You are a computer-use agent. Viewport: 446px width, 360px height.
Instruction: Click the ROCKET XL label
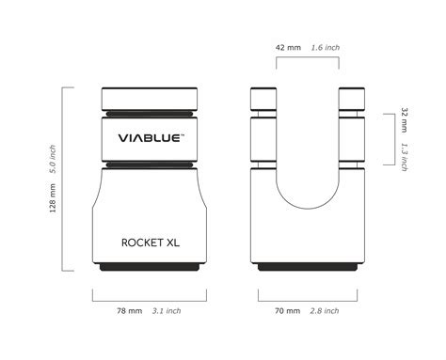coord(151,242)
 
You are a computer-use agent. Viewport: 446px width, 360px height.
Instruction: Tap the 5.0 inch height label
coord(54,159)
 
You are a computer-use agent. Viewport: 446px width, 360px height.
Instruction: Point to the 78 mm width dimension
coord(129,310)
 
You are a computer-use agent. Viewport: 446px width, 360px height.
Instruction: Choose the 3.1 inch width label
coord(167,310)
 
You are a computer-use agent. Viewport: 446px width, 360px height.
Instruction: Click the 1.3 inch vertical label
coord(404,156)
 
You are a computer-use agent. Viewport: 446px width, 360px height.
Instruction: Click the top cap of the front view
coord(151,99)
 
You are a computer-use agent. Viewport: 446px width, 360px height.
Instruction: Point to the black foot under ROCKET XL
coord(151,267)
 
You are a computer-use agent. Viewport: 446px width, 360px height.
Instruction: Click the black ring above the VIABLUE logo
coord(151,114)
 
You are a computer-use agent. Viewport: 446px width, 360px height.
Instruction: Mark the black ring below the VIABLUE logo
coord(151,165)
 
